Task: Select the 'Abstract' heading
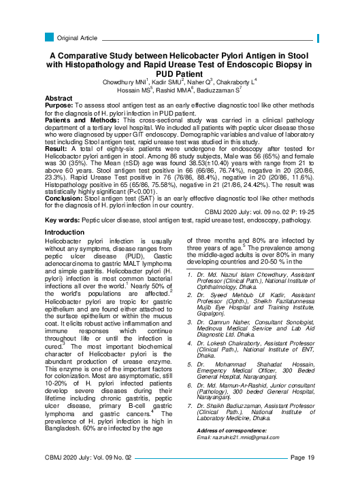click(x=59, y=99)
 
